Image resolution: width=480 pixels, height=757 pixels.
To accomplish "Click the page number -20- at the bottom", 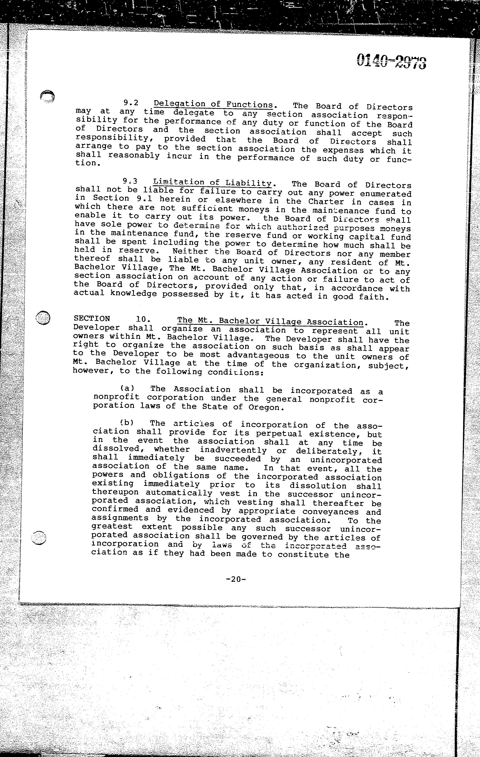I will coord(236,579).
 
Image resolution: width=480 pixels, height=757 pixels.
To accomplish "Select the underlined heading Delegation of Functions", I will coord(213,104).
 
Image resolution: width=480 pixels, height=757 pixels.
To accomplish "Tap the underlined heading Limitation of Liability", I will coord(212,183).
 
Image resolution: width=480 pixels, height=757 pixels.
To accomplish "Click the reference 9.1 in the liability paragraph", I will coord(142,199).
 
